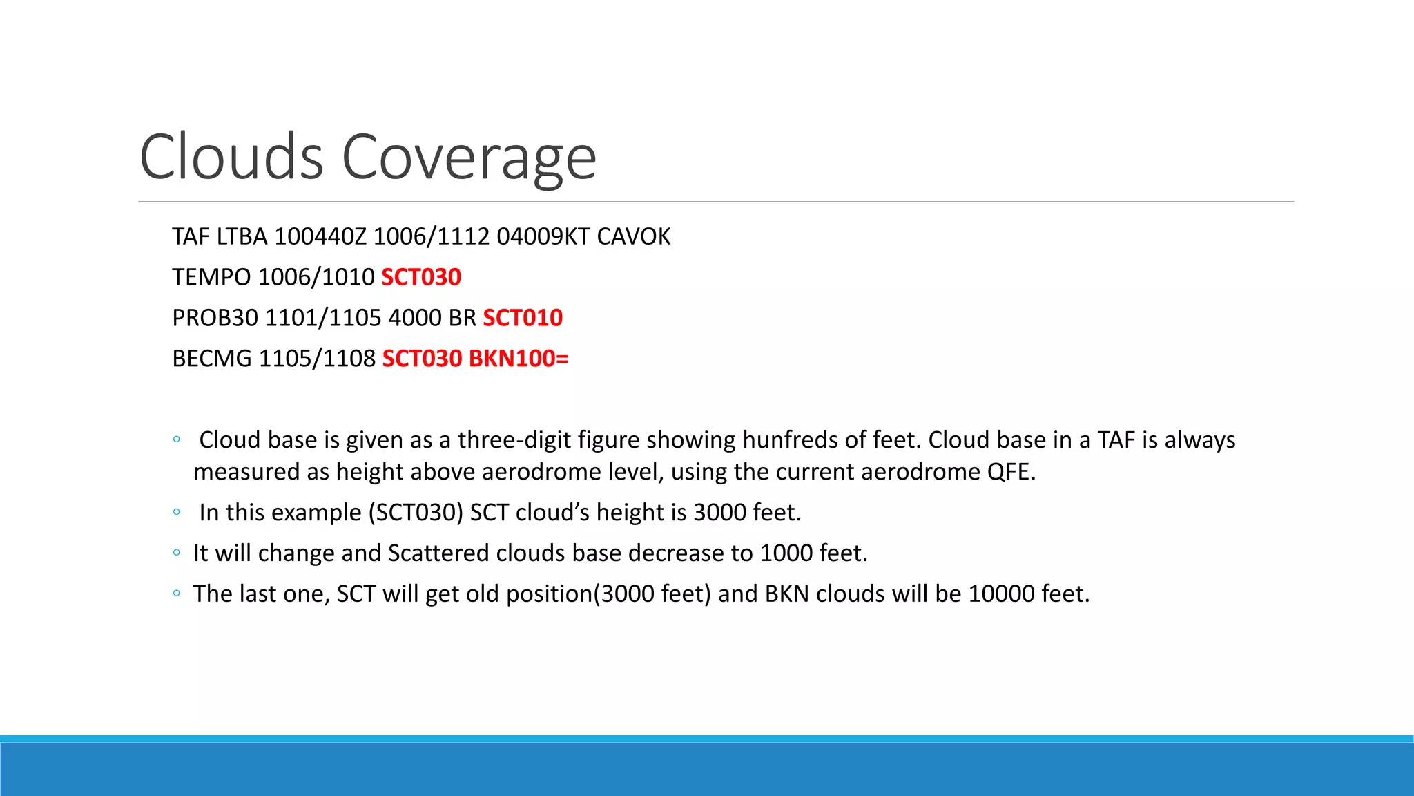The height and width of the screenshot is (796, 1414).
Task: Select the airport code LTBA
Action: [242, 237]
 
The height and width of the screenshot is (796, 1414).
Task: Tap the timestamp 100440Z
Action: [320, 237]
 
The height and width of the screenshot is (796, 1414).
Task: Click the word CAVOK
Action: [633, 237]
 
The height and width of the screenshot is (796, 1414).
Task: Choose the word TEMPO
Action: [211, 277]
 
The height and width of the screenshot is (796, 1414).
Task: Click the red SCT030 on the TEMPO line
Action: [421, 277]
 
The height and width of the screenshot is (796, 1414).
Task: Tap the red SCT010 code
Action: [523, 318]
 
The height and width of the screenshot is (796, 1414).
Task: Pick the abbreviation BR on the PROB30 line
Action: [462, 318]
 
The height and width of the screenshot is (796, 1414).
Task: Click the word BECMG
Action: [212, 359]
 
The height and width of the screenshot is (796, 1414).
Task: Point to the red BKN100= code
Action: [519, 359]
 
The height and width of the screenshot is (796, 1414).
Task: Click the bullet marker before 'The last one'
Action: [177, 594]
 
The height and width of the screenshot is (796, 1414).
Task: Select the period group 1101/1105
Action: [323, 318]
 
